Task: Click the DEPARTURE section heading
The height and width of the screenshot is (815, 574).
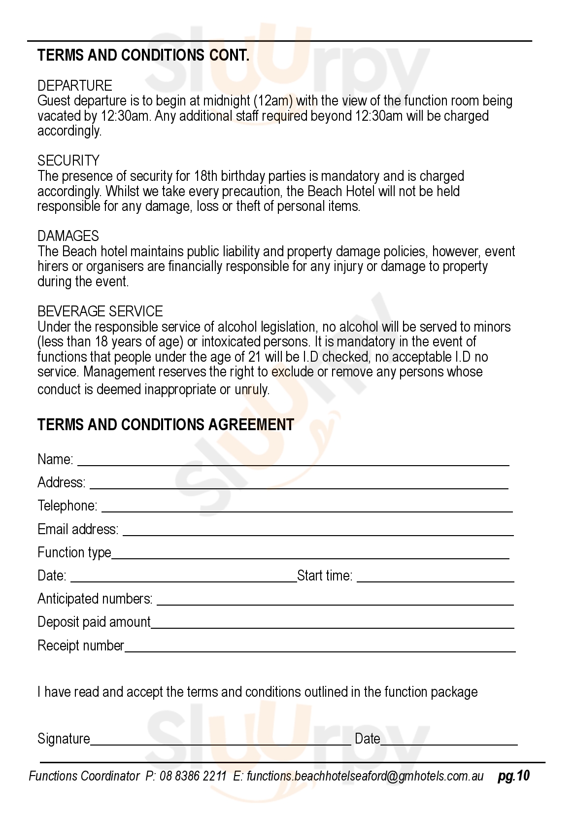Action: [x=75, y=86]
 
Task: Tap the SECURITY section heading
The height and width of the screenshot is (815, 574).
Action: [x=68, y=161]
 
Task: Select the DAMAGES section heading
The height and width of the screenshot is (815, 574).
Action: [x=68, y=236]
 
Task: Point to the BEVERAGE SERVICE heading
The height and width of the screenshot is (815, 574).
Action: [x=100, y=311]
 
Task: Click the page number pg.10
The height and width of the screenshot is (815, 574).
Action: [x=513, y=776]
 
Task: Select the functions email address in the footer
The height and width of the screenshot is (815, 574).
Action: [x=365, y=777]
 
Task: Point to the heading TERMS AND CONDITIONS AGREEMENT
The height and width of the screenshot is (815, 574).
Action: [x=166, y=425]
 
